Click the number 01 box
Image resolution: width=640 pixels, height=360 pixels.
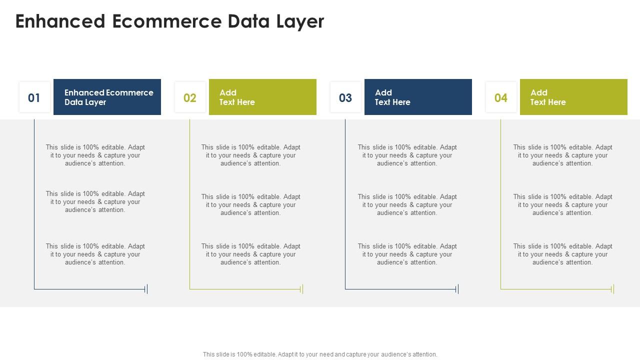coord(34,97)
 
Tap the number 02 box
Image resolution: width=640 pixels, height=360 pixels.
coord(190,97)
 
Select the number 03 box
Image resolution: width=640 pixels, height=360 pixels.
coord(345,97)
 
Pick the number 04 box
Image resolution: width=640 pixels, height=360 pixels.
coord(501,97)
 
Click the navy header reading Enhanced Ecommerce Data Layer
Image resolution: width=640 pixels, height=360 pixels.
coord(107,97)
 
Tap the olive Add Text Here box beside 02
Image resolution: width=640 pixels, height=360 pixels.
coord(262,97)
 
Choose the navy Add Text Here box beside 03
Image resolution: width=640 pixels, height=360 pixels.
coord(418,97)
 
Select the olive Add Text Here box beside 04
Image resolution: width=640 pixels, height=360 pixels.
coord(573,97)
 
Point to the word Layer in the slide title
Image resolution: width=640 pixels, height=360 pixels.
coord(299,21)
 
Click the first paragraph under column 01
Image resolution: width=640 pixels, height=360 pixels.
coord(95,155)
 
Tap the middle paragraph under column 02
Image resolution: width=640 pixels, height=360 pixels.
coord(250,204)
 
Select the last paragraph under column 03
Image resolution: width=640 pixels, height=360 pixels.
coord(407,254)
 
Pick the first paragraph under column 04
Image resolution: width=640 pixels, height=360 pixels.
coord(562,155)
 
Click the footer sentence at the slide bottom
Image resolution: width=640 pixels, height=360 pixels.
coord(320,354)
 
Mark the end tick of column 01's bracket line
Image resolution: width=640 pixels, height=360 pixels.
coord(146,289)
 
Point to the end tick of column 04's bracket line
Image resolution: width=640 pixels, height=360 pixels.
coord(613,289)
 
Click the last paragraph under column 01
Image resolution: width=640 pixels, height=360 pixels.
coord(95,254)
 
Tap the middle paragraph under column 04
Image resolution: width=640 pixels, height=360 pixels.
coord(562,204)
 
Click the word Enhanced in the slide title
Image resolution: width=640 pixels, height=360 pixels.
coord(60,21)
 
